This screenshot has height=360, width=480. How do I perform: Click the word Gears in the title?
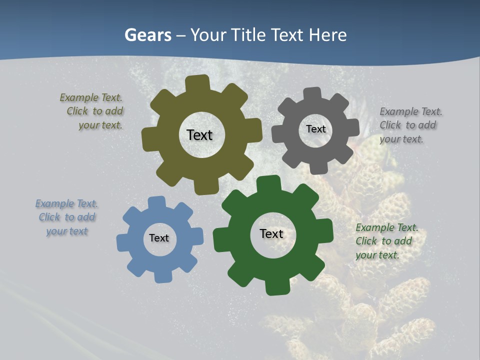pyautogui.click(x=147, y=35)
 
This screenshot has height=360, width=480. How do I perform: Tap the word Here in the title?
pyautogui.click(x=327, y=35)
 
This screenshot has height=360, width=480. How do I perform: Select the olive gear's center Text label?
pyautogui.click(x=199, y=135)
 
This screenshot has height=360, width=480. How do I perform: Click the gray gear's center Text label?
pyautogui.click(x=315, y=129)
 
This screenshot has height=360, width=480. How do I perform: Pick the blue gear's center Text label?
pyautogui.click(x=159, y=238)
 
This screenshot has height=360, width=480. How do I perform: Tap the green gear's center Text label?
pyautogui.click(x=271, y=233)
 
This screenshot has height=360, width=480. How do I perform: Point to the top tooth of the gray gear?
pyautogui.click(x=313, y=94)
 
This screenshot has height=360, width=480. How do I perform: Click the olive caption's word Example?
pyautogui.click(x=78, y=97)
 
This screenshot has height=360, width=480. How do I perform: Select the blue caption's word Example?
pyautogui.click(x=54, y=203)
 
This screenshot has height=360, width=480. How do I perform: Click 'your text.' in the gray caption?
pyautogui.click(x=401, y=139)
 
